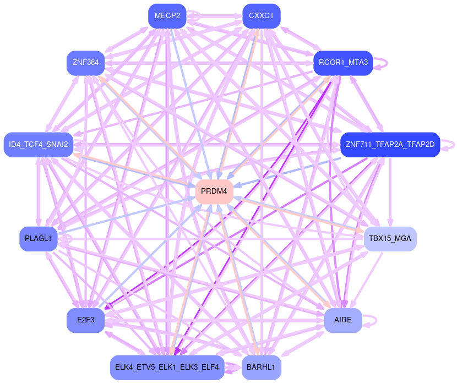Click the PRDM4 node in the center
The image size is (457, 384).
[x=214, y=191]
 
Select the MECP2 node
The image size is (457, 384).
[x=167, y=15]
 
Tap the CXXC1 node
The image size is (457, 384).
[x=262, y=15]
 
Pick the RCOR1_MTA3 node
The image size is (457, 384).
[x=342, y=63]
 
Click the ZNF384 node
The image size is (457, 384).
[x=85, y=63]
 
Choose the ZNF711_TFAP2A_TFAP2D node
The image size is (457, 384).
[x=390, y=145]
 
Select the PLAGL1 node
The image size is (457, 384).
[x=39, y=239]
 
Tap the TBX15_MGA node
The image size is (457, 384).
[x=390, y=239]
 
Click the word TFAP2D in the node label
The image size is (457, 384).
[x=421, y=145]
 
